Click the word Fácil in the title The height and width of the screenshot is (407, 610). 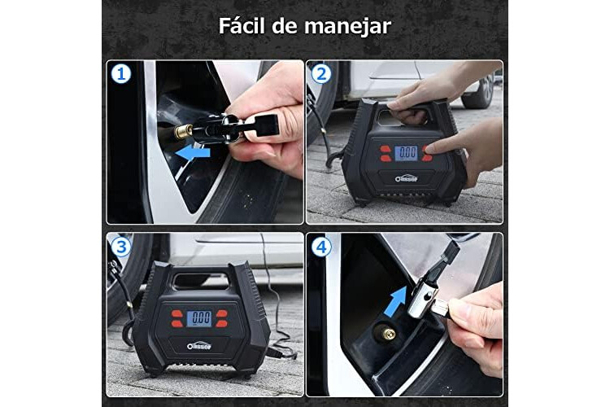(242, 26)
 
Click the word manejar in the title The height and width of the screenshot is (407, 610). (347, 27)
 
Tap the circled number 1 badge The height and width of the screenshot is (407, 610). (121, 73)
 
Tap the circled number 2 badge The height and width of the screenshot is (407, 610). (321, 73)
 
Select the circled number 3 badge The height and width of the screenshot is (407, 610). (121, 247)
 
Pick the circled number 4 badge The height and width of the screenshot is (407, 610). (321, 247)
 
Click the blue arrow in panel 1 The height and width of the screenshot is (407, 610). (193, 153)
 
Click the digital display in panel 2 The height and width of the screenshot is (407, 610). (406, 153)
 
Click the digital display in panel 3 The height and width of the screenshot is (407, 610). (199, 318)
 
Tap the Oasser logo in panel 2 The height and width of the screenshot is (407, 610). (406, 178)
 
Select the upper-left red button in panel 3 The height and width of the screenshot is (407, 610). (177, 313)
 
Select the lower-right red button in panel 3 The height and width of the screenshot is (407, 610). (222, 323)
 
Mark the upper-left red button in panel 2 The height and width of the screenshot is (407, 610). (386, 149)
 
